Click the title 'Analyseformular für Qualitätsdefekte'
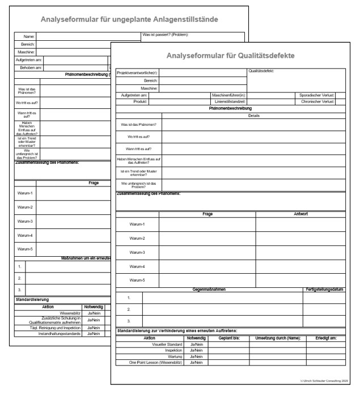click(235, 56)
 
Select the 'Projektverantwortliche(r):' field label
click(137, 73)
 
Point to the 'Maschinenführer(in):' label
click(228, 95)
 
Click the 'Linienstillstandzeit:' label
click(230, 101)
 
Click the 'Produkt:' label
click(141, 101)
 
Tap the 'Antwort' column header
click(300, 214)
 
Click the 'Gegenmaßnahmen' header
click(209, 289)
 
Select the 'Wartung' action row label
click(175, 356)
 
